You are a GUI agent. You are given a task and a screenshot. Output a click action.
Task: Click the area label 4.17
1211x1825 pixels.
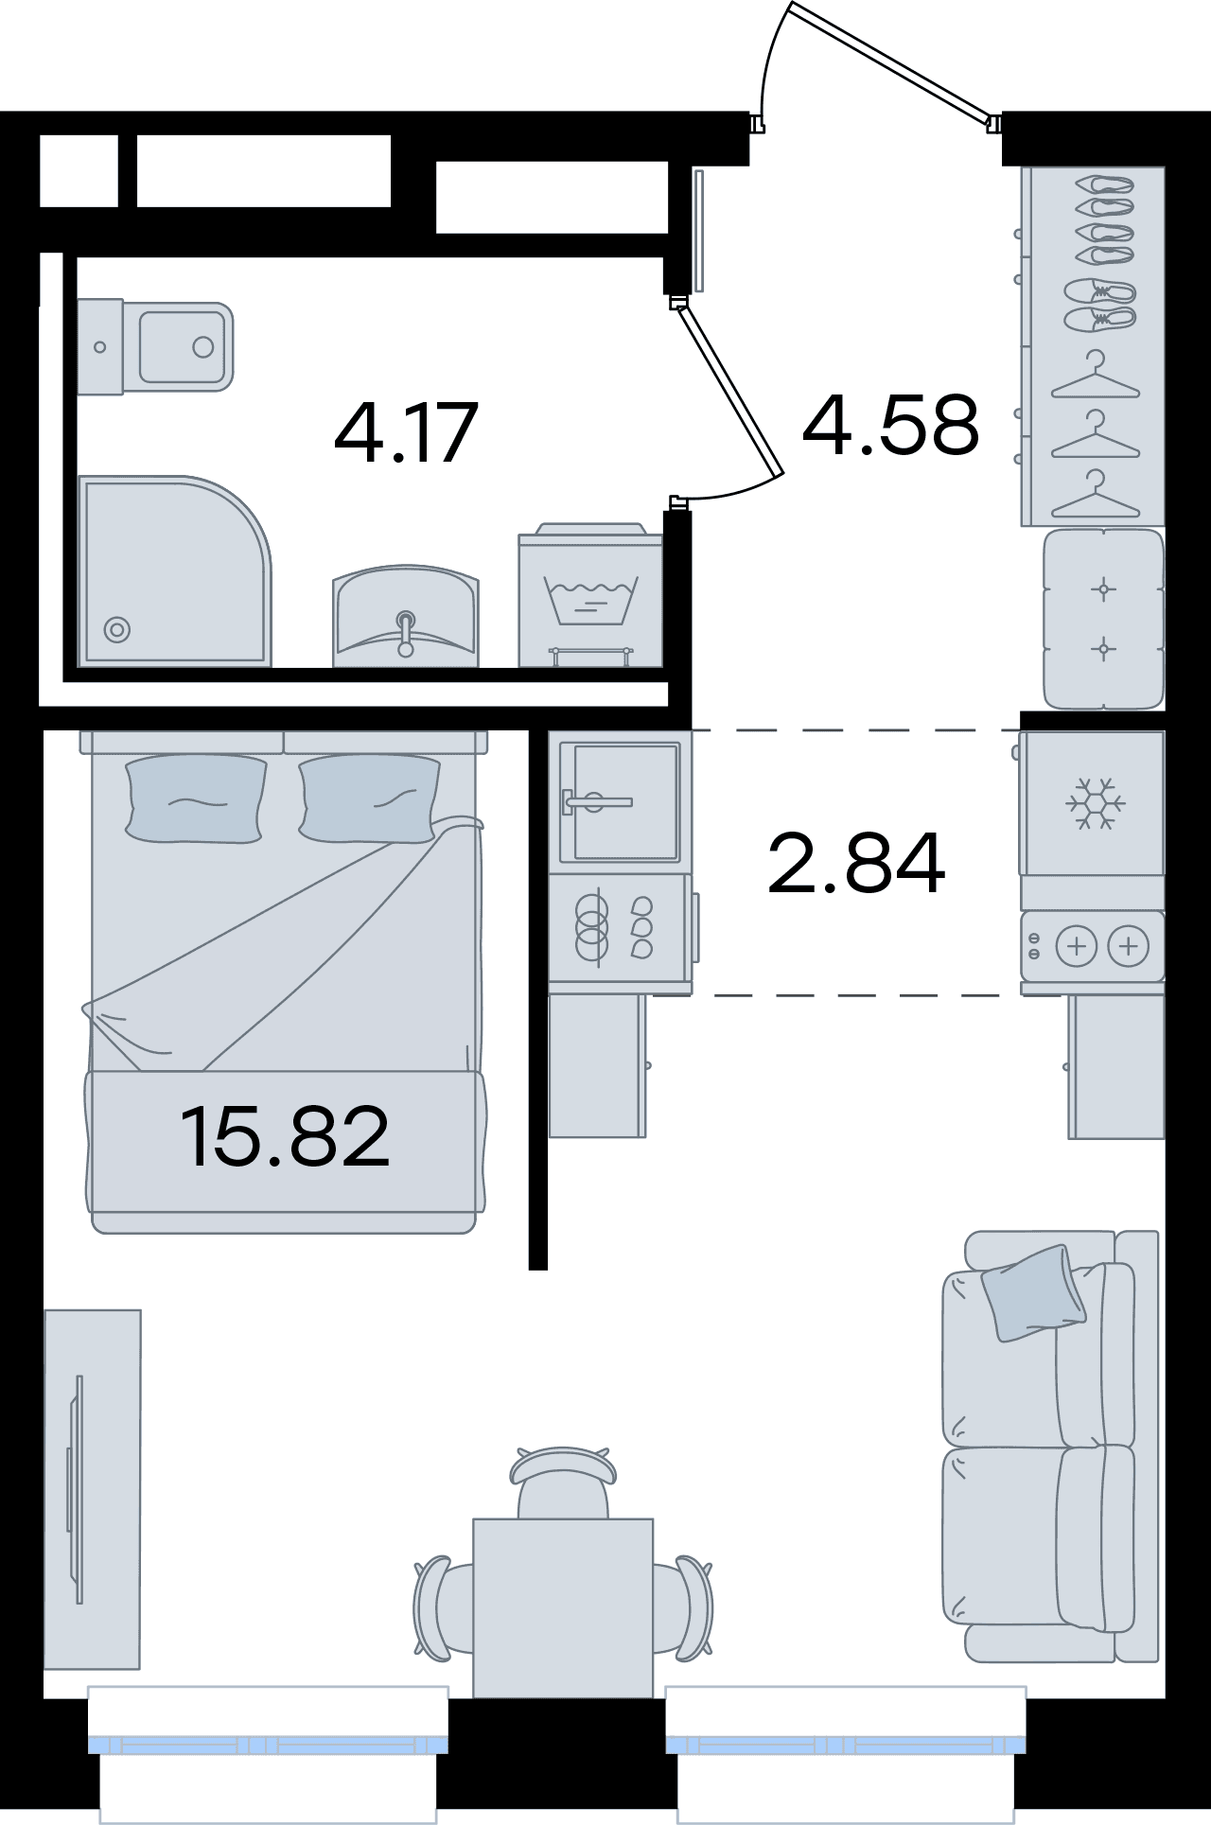coord(406,433)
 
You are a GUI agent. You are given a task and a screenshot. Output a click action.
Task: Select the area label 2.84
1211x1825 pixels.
coord(856,863)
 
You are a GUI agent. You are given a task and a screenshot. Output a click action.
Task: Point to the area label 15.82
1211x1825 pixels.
coord(285,1136)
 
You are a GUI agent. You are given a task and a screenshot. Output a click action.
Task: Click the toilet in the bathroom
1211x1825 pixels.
coord(155,346)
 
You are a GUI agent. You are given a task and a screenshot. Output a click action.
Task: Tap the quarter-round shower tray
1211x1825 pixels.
coord(175,570)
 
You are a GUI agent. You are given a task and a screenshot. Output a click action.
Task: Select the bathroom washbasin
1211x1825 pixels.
coord(406,616)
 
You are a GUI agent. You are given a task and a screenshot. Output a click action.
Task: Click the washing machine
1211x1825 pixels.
coord(590,595)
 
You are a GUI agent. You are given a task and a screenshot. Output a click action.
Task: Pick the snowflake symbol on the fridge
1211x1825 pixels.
coord(1095,803)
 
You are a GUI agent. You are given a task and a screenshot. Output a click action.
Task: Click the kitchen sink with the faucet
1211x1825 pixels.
coord(620,802)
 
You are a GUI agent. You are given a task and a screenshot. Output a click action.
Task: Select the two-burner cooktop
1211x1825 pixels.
coord(1093,946)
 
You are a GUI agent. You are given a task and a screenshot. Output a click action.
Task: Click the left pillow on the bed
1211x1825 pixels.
coord(196,798)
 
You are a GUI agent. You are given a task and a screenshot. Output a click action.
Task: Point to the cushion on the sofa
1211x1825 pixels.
coord(1033,1292)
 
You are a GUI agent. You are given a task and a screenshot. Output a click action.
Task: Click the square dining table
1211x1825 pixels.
coord(563,1607)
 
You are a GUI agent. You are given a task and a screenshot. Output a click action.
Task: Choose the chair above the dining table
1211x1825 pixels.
coord(563,1481)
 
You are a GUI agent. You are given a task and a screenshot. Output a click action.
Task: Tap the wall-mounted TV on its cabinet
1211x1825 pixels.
coord(75,1489)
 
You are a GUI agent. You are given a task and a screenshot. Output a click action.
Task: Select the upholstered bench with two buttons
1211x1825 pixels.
coord(1103,620)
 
